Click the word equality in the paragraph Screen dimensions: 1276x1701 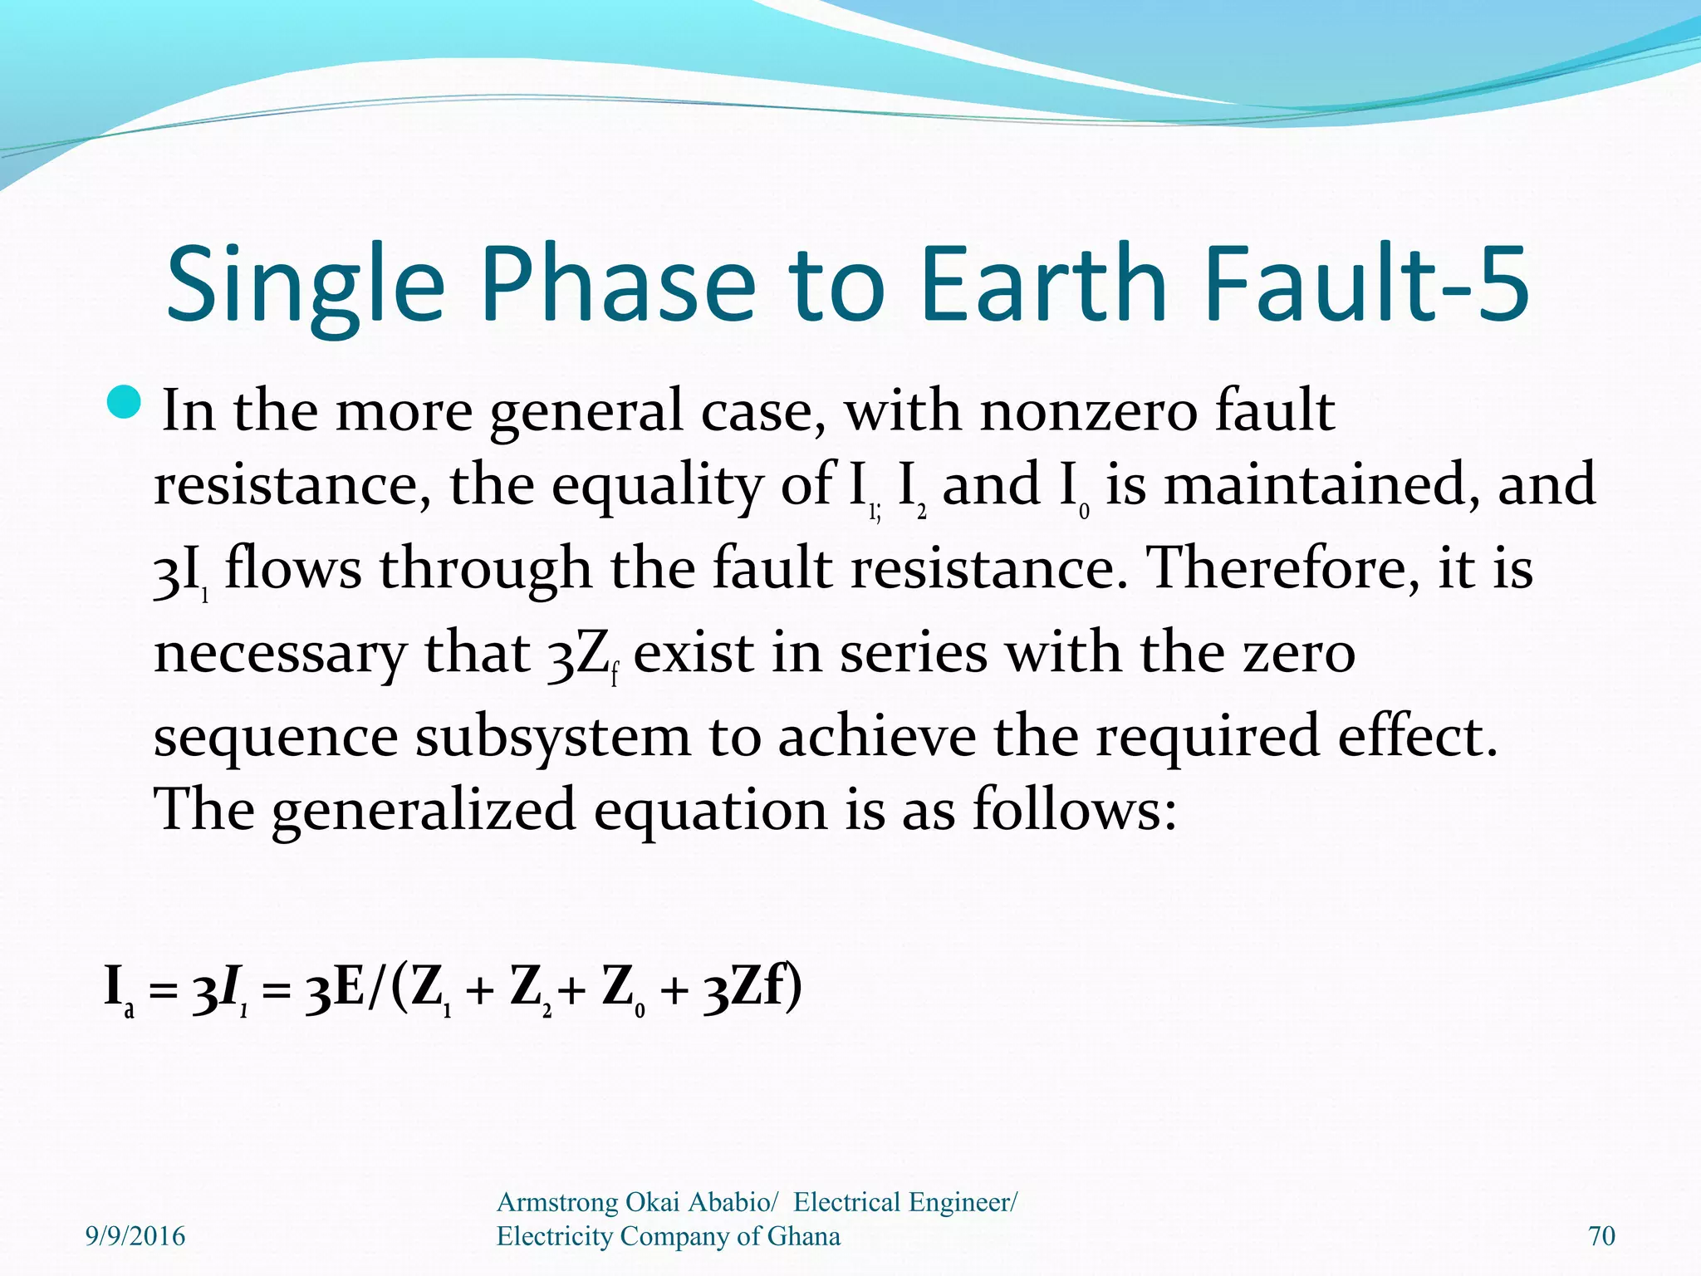click(656, 486)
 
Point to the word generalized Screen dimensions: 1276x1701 click(424, 812)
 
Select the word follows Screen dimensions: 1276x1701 click(1075, 810)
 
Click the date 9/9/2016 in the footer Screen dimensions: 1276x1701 click(135, 1237)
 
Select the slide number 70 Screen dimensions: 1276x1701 click(1601, 1237)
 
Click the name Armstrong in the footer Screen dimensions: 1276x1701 click(557, 1202)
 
